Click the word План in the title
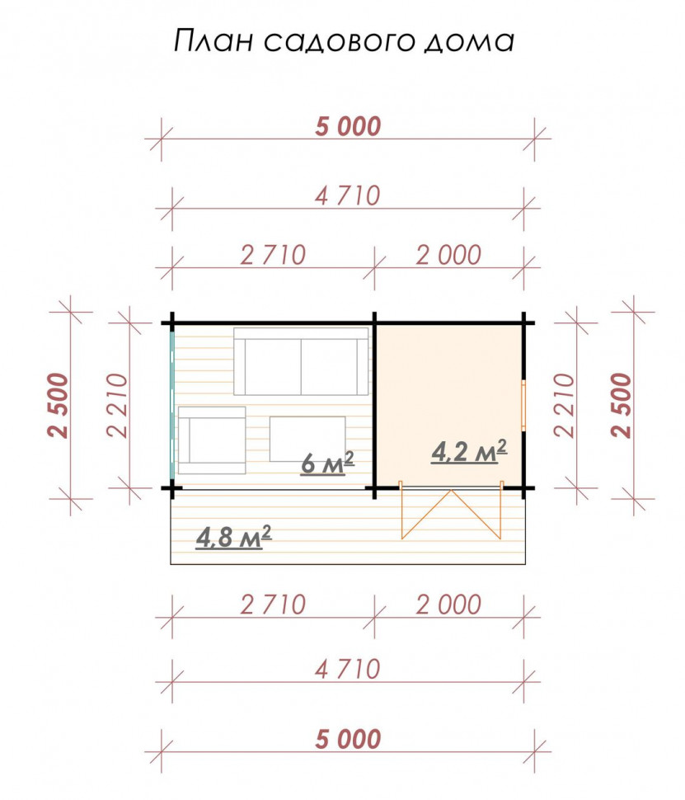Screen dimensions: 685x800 [x=213, y=40]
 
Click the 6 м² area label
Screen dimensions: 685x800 [x=327, y=463]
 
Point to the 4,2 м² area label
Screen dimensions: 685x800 [x=469, y=451]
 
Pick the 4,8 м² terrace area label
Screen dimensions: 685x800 [x=233, y=537]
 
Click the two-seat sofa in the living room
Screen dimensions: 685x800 [x=301, y=361]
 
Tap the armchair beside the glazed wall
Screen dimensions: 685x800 [x=212, y=440]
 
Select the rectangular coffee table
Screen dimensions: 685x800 [x=307, y=439]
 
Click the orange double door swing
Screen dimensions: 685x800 [x=452, y=511]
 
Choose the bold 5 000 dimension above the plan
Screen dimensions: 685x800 [x=348, y=126]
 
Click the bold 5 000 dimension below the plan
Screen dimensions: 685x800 [x=348, y=739]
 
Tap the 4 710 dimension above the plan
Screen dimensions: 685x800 [x=348, y=196]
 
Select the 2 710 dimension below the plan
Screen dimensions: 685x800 [x=273, y=605]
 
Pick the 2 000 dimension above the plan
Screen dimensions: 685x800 [x=449, y=255]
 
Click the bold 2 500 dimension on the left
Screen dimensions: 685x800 [x=59, y=405]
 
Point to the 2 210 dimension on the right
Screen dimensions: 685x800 [x=564, y=405]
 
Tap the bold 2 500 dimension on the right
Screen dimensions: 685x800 [x=622, y=405]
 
